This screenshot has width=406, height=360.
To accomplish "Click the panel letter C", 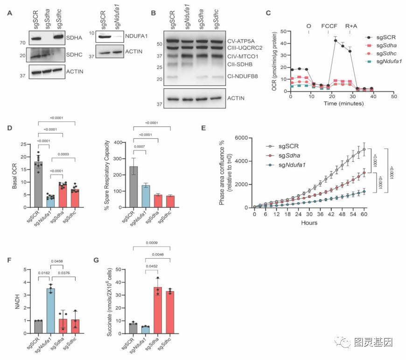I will tap(268, 13).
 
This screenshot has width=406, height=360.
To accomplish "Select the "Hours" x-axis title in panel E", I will tap(309, 223).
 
